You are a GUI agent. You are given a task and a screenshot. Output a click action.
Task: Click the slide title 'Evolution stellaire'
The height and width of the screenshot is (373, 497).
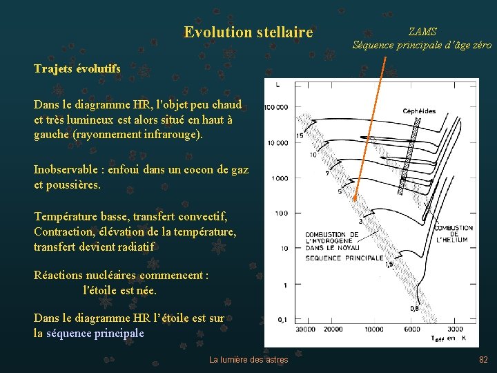pos(248,32)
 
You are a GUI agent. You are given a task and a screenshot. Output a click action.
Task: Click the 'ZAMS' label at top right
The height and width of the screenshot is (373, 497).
pos(422,32)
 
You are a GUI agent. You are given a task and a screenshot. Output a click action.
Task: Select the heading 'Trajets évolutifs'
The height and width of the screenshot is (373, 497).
pos(77,68)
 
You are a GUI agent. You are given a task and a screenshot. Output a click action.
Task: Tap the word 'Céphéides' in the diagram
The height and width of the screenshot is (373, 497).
pos(420,111)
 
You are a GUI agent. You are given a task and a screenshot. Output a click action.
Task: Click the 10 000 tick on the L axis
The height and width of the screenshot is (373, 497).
pos(277,143)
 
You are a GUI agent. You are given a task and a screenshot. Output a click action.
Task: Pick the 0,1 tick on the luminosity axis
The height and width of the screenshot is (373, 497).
pos(283,319)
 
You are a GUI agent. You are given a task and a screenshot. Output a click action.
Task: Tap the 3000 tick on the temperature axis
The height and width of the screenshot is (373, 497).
pos(455,329)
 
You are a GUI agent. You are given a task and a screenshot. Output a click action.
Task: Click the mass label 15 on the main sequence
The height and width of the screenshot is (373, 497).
pos(300,136)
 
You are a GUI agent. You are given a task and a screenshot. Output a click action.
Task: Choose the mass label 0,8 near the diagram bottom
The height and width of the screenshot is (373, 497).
pos(413,309)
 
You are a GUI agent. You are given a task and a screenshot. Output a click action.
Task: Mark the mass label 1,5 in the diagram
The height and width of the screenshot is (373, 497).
pos(389,264)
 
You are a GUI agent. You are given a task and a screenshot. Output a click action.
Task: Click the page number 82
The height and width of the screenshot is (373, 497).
pos(483,359)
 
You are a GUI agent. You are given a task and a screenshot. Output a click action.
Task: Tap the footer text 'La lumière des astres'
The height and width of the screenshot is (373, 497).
pos(248,359)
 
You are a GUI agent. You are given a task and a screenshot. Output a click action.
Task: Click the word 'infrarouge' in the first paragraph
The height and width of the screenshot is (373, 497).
pos(168,134)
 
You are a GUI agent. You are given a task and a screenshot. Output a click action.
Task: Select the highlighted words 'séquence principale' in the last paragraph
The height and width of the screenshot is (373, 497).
pos(95,333)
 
